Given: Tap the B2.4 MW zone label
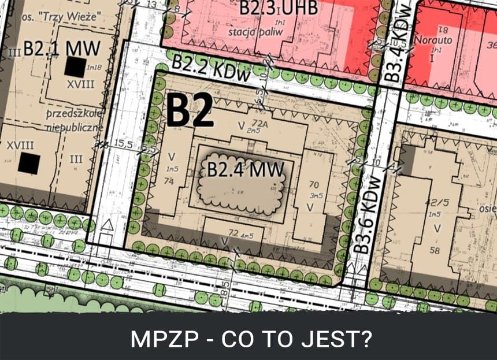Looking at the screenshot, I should tap(246, 170).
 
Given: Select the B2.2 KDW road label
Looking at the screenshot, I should tap(212, 67).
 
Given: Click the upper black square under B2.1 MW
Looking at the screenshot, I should tap(74, 67).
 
